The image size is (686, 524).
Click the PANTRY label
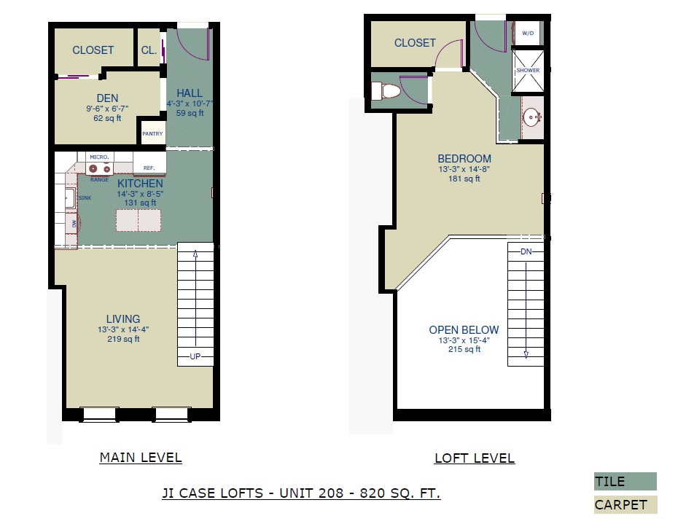tap(152, 134)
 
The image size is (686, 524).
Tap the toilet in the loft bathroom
tap(386, 91)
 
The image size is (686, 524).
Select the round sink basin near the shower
tap(532, 117)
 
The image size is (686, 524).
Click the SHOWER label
tap(528, 70)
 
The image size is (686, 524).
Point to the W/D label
tap(528, 34)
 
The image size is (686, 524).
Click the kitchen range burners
tap(99, 168)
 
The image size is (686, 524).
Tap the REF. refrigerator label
tap(149, 168)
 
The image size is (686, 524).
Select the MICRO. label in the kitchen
tap(99, 157)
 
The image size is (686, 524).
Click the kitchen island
tap(139, 220)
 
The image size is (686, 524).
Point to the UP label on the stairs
tap(195, 356)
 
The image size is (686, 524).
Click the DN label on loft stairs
tap(526, 251)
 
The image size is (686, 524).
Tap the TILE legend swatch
tap(625, 481)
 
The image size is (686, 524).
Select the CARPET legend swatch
tap(625, 505)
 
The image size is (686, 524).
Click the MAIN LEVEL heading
tap(141, 458)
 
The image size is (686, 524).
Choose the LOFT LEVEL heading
tap(475, 458)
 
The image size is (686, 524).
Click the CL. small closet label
tap(149, 50)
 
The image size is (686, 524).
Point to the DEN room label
tap(107, 98)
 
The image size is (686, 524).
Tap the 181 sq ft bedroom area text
tap(464, 179)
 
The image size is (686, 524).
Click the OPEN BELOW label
tap(464, 330)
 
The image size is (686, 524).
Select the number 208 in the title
tap(331, 493)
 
